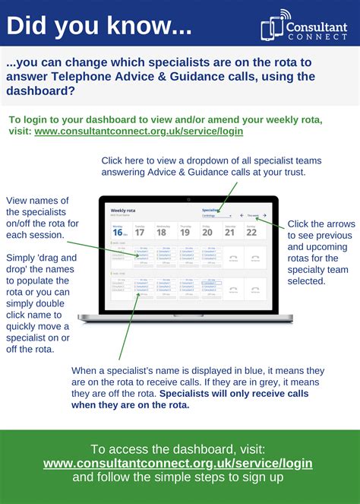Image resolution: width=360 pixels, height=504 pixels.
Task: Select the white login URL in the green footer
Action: (x=178, y=462)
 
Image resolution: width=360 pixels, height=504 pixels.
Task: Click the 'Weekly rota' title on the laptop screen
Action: (x=125, y=210)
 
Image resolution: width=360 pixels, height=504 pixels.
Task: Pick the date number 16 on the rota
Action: (x=118, y=233)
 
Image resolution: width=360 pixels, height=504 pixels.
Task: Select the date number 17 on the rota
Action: (x=140, y=233)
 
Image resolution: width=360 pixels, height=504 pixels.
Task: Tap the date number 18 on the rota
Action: (x=162, y=233)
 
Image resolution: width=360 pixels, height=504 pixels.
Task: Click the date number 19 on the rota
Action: (x=185, y=233)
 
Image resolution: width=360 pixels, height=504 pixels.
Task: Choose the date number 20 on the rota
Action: (x=207, y=233)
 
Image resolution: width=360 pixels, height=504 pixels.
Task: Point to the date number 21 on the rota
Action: (x=229, y=233)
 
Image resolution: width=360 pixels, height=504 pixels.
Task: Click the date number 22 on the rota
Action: (x=251, y=233)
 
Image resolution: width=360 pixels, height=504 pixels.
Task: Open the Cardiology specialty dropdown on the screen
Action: (x=217, y=215)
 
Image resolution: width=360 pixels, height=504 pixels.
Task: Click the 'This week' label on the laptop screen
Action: (x=253, y=215)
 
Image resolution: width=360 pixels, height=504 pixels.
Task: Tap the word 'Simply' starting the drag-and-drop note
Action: (x=22, y=258)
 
